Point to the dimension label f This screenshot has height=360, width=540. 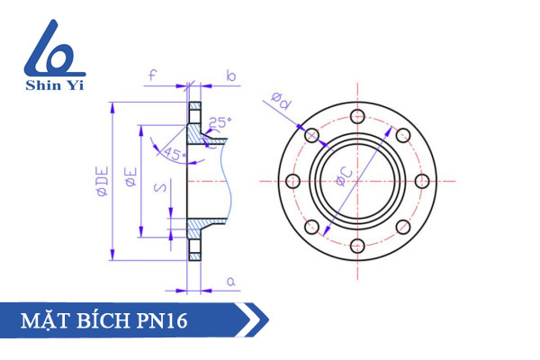pos(153,76)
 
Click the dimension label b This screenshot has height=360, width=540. pos(230,76)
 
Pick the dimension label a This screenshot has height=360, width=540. pos(230,282)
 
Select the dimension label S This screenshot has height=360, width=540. pos(157,188)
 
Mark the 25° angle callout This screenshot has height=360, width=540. pos(220,122)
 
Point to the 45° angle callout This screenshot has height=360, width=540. pos(174,153)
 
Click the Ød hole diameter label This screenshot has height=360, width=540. pos(281,103)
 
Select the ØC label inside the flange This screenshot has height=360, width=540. pos(345,176)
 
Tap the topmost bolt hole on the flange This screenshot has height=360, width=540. pos(357,115)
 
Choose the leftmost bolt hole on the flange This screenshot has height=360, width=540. pos(292,181)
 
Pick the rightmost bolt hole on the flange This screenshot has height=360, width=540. pos(423,181)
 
